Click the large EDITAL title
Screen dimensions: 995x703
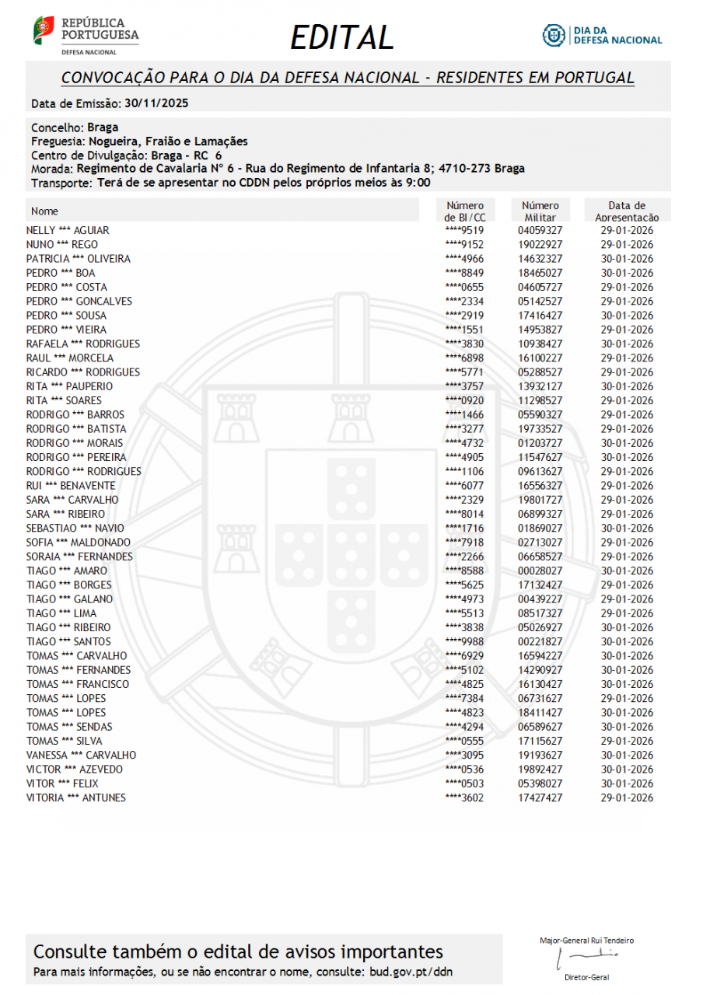point(342,37)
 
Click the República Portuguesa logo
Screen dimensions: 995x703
point(86,34)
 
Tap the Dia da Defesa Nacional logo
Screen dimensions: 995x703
point(602,35)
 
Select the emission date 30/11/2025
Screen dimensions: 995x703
point(156,103)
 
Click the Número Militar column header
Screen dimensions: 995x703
point(540,211)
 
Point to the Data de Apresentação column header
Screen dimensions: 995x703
point(627,211)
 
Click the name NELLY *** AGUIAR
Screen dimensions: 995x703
point(68,230)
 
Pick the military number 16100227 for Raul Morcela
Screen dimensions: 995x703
point(540,358)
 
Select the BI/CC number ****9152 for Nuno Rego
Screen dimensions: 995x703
point(464,245)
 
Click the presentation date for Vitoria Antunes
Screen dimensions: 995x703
point(627,798)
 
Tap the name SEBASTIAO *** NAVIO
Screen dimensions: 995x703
point(75,529)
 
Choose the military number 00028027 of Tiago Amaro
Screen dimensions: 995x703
point(540,571)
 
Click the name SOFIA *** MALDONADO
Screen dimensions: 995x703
point(78,543)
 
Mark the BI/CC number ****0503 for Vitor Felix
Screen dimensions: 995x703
point(464,784)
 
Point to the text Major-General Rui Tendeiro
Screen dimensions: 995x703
point(586,941)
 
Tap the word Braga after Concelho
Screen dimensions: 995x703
point(103,127)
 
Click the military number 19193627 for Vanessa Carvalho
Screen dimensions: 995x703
point(540,755)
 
